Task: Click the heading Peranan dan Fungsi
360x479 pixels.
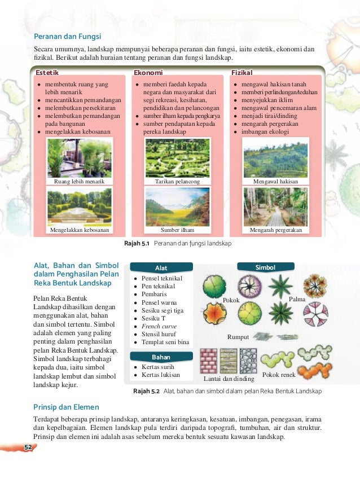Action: coord(67,36)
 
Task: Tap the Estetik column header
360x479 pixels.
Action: coord(47,72)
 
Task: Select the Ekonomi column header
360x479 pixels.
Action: coord(148,72)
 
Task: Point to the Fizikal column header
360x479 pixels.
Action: coord(242,72)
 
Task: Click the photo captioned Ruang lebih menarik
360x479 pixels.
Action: coord(80,158)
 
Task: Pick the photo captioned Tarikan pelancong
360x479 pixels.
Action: coord(178,158)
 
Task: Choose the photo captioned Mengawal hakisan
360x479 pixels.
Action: coord(276,158)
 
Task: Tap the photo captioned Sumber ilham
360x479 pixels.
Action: coord(178,207)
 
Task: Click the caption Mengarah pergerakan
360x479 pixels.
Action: coord(276,230)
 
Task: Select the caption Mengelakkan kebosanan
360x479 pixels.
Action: coord(80,230)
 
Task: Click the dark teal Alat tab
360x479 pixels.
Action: coord(161,268)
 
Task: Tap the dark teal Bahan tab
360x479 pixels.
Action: coord(161,357)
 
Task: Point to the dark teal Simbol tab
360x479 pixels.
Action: coord(266,267)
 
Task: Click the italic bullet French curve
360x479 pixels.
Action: coord(159,326)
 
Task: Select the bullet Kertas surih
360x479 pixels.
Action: coord(157,367)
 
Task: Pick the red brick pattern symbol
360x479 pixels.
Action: coord(209,361)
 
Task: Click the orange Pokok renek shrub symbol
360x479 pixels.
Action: coord(315,370)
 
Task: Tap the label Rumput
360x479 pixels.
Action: coord(238,337)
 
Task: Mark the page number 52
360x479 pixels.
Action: coord(28,447)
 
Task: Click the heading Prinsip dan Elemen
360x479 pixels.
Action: coord(67,407)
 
